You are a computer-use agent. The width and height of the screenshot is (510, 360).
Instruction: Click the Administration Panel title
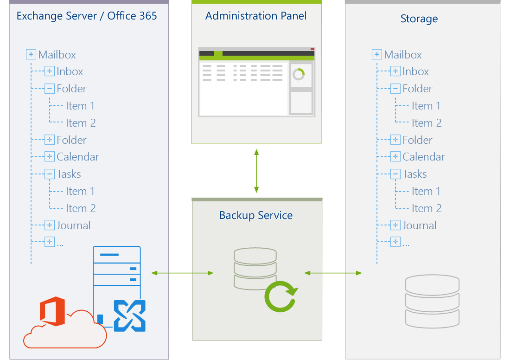[x=255, y=16]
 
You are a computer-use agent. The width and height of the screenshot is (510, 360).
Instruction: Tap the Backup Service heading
[x=256, y=215]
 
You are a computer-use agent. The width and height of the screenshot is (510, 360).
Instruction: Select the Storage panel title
[x=419, y=19]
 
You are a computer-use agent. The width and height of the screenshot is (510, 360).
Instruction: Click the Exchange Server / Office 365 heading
[x=87, y=16]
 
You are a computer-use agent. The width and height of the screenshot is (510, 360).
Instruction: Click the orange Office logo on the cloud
[x=52, y=311]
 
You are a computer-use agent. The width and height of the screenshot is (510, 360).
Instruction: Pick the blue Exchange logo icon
[x=129, y=316]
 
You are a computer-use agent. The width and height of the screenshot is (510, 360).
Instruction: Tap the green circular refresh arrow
[x=281, y=296]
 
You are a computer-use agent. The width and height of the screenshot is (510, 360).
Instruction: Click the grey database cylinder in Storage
[x=432, y=301]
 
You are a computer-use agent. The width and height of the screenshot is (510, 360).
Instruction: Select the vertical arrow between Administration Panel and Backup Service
[x=256, y=171]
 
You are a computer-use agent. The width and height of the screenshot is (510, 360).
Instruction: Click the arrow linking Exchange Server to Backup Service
[x=183, y=273]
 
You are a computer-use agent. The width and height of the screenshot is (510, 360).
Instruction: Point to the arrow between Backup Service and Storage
[x=333, y=273]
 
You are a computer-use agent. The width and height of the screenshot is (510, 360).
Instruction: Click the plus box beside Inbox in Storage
[x=395, y=71]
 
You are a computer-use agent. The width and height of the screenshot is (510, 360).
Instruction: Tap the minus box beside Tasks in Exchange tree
[x=50, y=174]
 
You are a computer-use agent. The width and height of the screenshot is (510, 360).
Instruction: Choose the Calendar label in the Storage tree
[x=423, y=157]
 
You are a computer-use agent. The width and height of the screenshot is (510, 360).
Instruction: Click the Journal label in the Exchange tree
[x=74, y=225]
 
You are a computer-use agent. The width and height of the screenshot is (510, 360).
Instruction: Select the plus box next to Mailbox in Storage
[x=376, y=54]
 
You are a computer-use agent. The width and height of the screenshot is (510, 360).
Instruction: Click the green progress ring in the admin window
[x=298, y=75]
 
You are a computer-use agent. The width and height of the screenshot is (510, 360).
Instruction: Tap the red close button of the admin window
[x=312, y=49]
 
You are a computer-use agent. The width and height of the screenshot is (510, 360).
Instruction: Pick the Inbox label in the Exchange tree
[x=70, y=71]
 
